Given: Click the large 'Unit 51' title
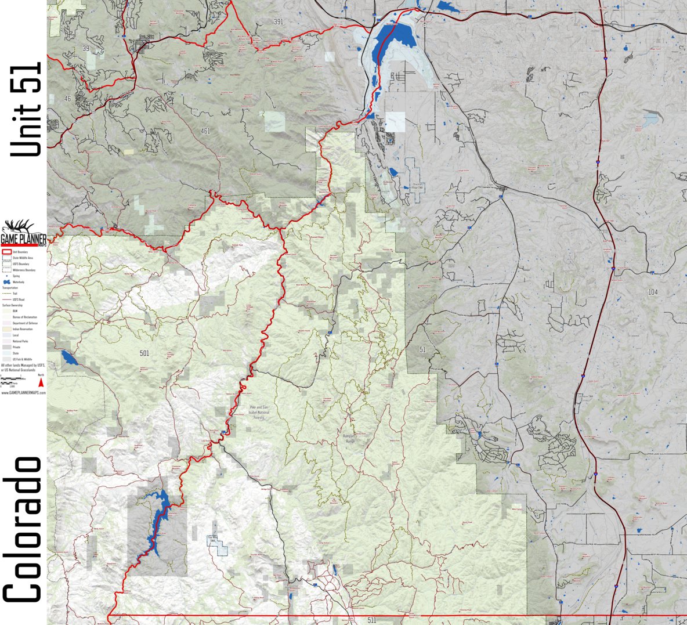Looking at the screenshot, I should coord(26,109).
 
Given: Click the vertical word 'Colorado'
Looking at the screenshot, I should coord(23,530).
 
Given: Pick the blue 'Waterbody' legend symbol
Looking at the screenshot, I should coord(7,282).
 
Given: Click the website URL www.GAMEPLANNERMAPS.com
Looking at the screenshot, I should coord(23,393).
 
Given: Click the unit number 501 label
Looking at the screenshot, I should coord(144,353).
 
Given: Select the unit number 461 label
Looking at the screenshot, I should coord(205,131).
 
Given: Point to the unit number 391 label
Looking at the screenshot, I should coord(279,21).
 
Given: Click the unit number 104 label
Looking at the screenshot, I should coord(653,292).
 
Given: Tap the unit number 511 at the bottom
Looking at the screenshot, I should coord(372,620).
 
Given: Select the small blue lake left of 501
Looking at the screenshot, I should coord(68,357).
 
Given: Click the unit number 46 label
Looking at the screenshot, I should coord(67,99).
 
